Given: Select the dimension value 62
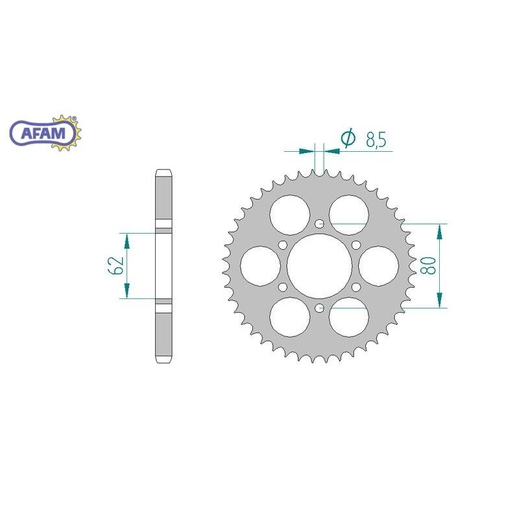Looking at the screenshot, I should tap(117, 265).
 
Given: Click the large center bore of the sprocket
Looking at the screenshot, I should tap(319, 266).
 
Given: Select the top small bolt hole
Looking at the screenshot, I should tap(319, 224).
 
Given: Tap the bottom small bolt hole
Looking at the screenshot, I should tap(319, 308).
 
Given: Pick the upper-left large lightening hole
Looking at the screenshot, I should tap(290, 214).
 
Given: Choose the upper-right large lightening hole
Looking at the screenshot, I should tap(348, 215).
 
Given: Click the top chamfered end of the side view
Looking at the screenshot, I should tap(163, 173).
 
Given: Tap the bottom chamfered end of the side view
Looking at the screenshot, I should tap(163, 358).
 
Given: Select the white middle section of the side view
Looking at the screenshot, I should tap(163, 265).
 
